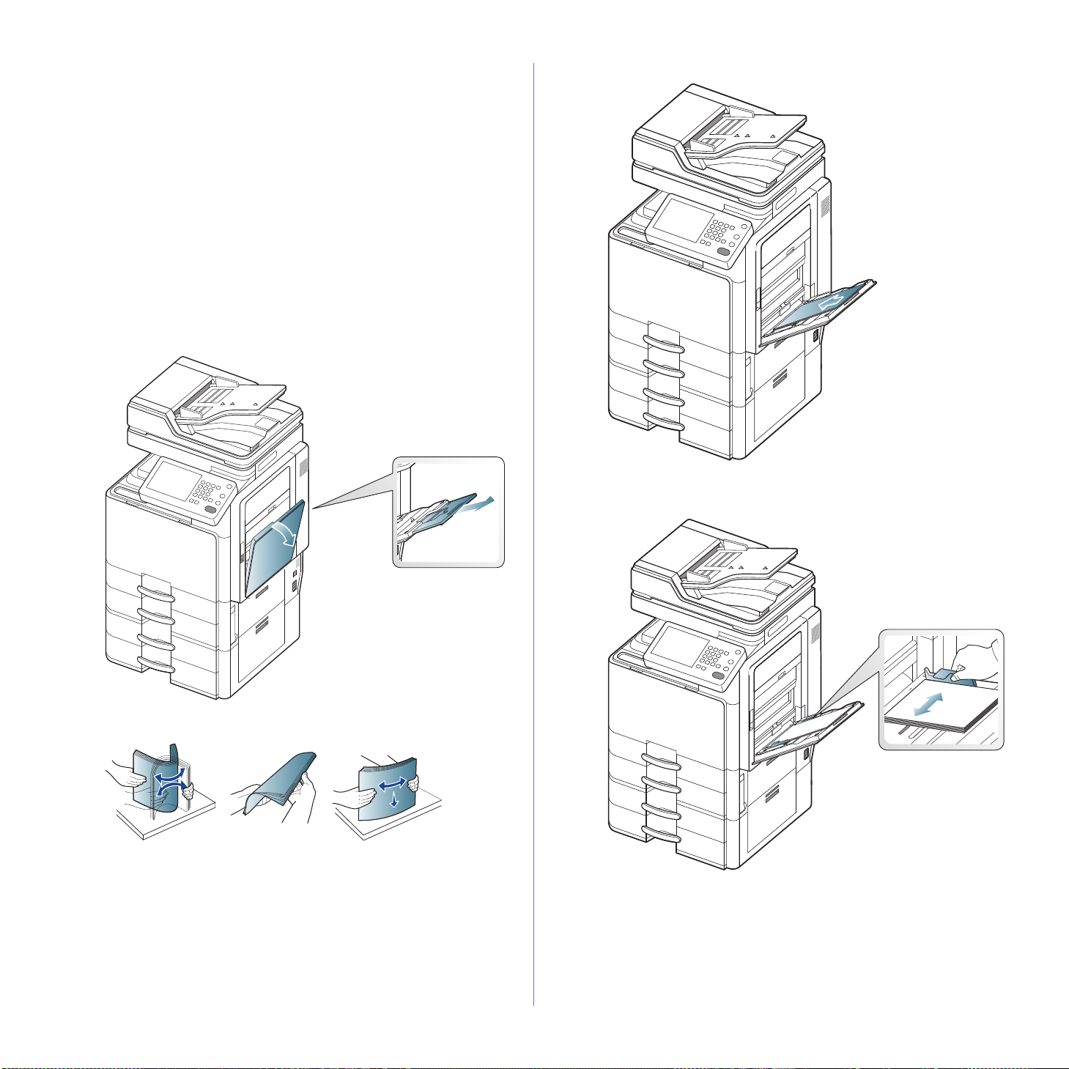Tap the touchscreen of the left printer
(x=169, y=481)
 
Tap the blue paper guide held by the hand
(x=948, y=676)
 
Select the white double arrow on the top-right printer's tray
(x=831, y=300)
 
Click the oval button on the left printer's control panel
(x=211, y=508)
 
